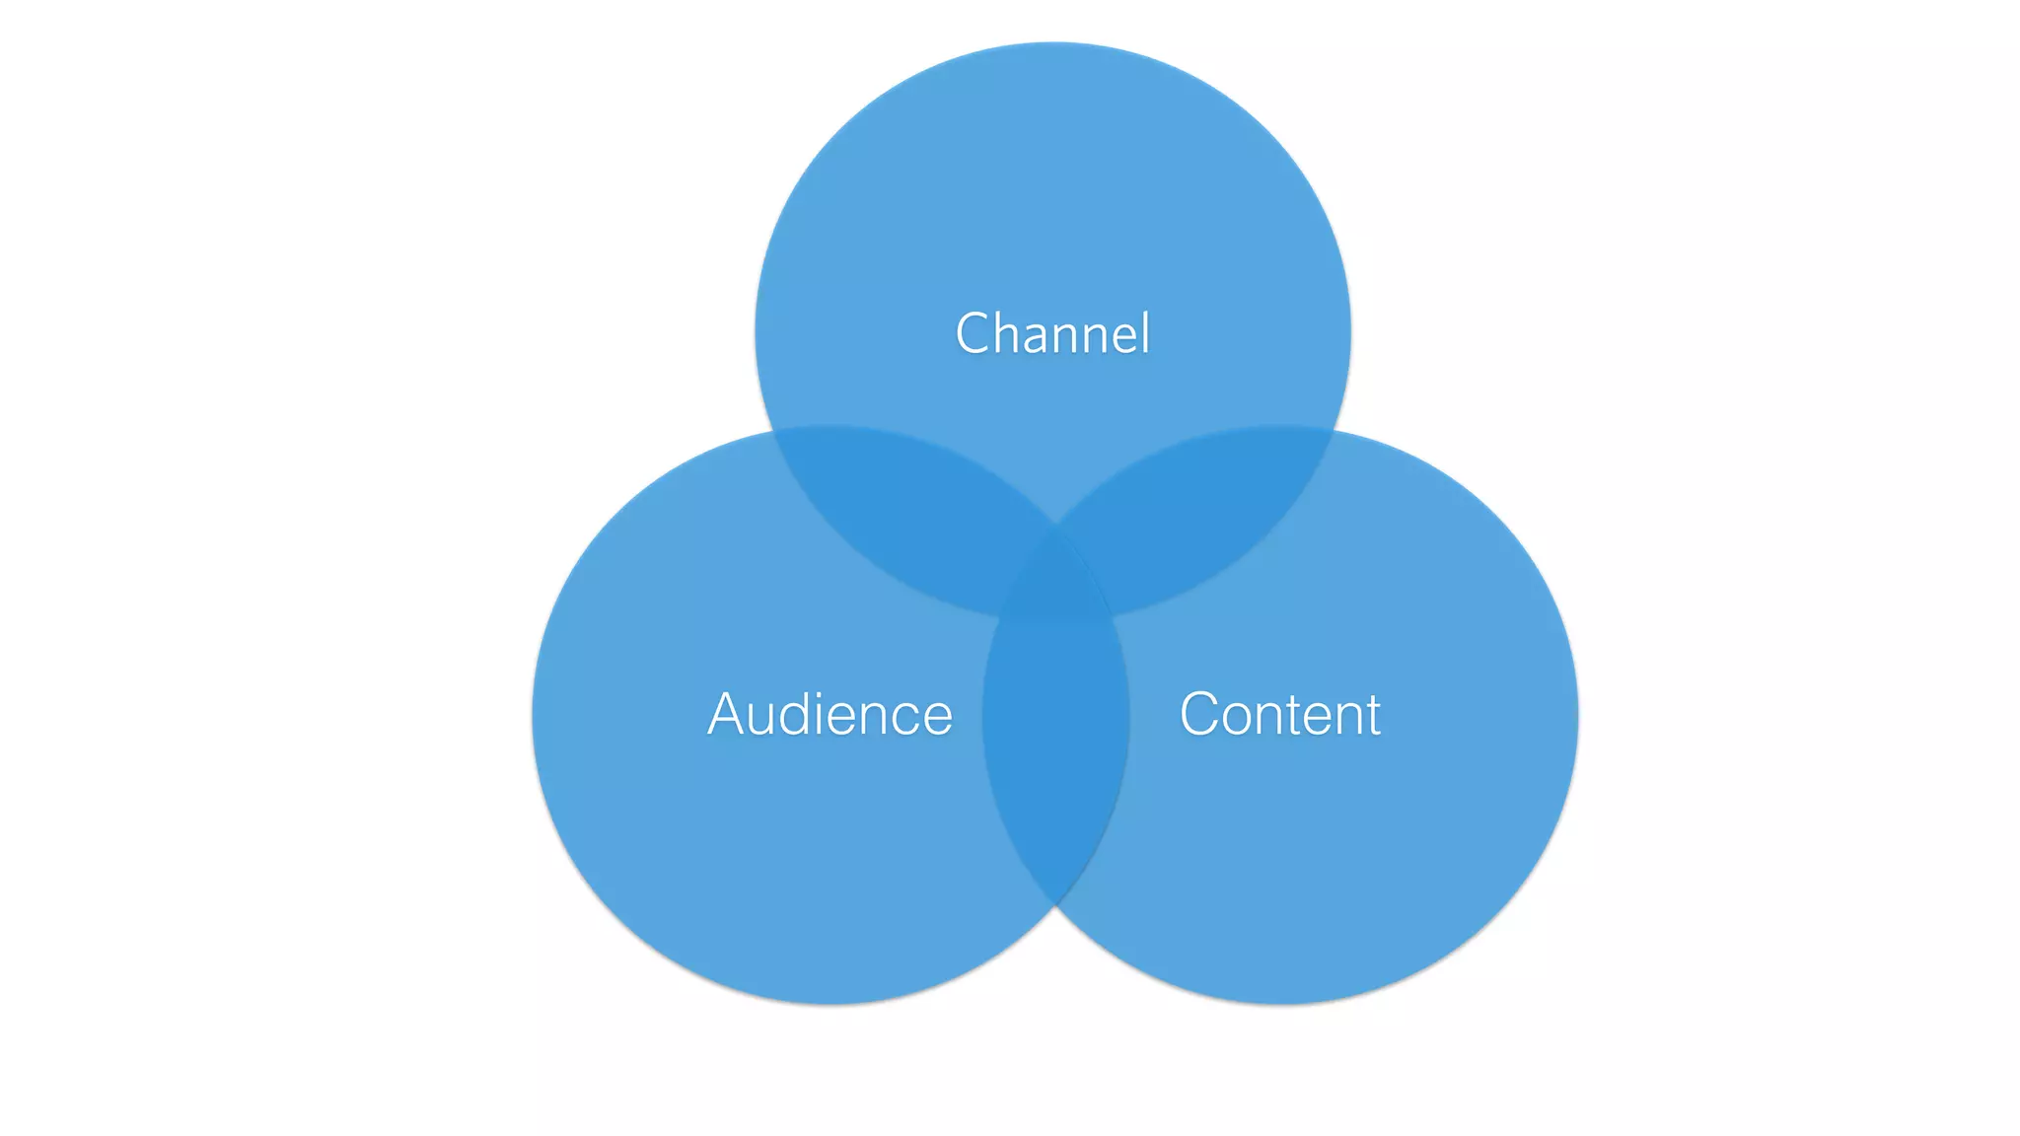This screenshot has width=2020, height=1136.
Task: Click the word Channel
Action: click(x=1052, y=333)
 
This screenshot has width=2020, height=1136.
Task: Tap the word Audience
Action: click(x=830, y=714)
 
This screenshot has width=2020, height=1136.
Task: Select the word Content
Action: click(x=1279, y=714)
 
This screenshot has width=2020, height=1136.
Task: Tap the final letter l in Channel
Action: click(x=1144, y=332)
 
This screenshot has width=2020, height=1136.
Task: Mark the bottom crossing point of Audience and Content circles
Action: click(x=1055, y=903)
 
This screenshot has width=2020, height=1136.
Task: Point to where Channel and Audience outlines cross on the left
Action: click(x=771, y=432)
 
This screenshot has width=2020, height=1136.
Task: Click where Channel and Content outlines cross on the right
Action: click(x=1337, y=432)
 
